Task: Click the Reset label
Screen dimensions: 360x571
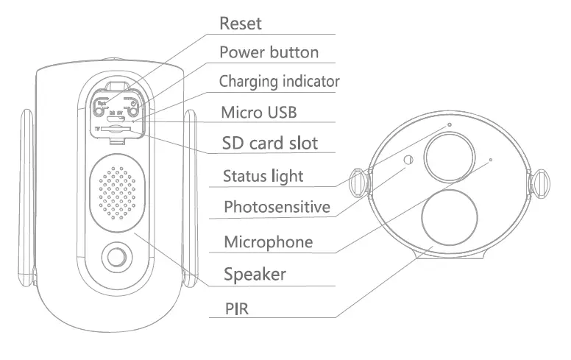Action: [x=241, y=24]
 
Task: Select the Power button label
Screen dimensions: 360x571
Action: [x=269, y=52]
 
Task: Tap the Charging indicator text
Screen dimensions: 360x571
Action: [x=280, y=81]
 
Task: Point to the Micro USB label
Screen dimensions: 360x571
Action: [x=259, y=112]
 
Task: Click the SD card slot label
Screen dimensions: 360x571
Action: [x=270, y=142]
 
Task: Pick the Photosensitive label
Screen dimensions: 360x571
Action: [x=277, y=206]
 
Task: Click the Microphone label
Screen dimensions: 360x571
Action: [x=268, y=242]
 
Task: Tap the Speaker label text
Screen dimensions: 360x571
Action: [x=255, y=275]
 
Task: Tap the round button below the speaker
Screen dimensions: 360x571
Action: [x=114, y=257]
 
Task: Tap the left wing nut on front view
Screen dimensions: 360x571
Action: [x=360, y=182]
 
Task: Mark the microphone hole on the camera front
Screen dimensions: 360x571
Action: [x=490, y=158]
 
